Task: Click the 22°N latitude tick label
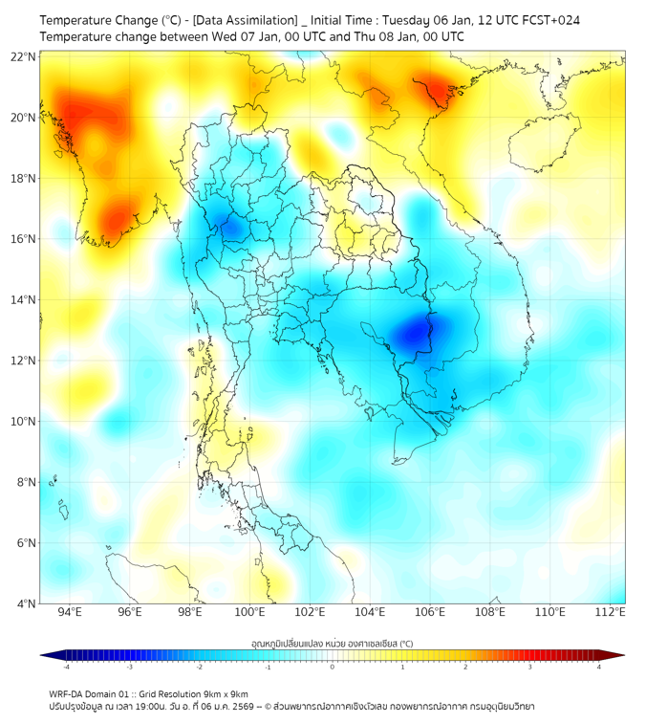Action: coord(24,56)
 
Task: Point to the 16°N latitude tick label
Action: coord(24,239)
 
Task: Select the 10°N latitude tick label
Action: coord(24,421)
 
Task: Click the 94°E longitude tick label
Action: coord(70,612)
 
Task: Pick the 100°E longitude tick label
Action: coord(250,612)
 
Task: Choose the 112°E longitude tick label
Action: coord(611,612)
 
